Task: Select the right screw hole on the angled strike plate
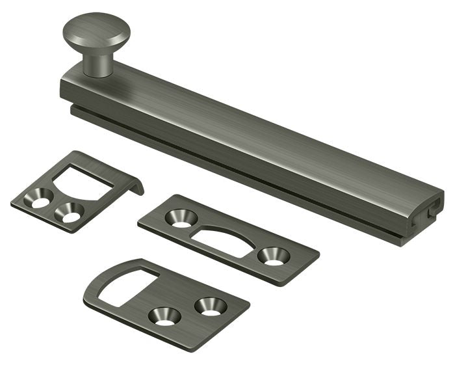coord(69,213)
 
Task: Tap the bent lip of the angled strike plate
coord(135,186)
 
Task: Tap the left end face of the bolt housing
coord(66,91)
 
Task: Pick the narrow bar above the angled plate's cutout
coord(97,161)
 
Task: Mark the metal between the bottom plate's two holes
coord(187,311)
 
